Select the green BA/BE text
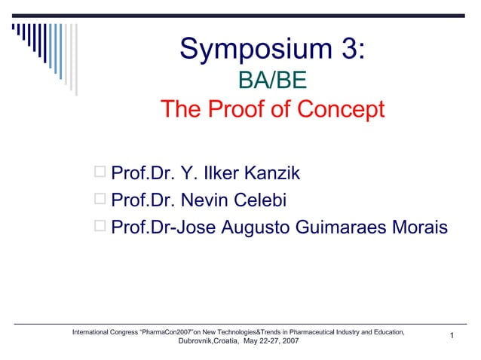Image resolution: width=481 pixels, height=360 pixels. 272,80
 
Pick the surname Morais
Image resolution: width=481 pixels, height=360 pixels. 414,227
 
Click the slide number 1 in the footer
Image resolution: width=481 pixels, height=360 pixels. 450,335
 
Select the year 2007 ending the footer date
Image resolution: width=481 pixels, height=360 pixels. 289,341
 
